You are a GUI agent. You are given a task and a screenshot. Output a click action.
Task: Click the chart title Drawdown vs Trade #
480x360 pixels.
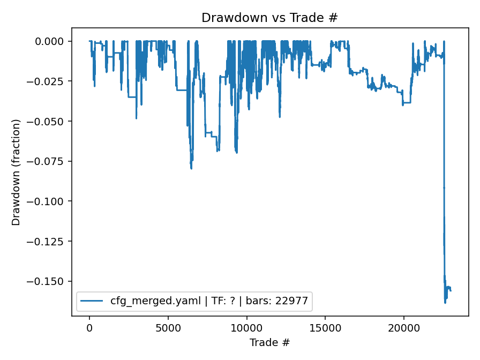coord(269,18)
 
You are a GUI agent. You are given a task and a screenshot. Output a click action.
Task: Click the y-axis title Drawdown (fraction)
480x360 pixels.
coord(16,172)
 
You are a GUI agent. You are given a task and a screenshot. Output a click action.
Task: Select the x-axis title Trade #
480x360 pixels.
coord(269,342)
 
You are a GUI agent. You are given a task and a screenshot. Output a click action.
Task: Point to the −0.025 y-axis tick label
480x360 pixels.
coord(50,81)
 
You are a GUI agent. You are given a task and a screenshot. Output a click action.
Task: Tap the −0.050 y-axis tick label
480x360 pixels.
coord(50,122)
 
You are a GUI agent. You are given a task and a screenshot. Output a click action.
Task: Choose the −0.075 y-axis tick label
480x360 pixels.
coord(50,161)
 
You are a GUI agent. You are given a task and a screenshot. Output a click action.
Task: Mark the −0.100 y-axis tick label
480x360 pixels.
coord(50,201)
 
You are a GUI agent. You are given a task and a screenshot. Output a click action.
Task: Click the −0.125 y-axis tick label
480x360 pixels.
coord(50,242)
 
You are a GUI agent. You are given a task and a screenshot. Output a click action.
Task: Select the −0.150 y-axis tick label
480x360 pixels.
coord(50,281)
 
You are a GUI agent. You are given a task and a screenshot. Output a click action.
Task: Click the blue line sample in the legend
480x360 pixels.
coord(92,301)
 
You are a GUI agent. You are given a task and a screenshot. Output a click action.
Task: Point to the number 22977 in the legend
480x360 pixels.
coord(293,301)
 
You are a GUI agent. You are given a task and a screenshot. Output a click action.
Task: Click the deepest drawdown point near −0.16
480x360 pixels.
coord(445,303)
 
